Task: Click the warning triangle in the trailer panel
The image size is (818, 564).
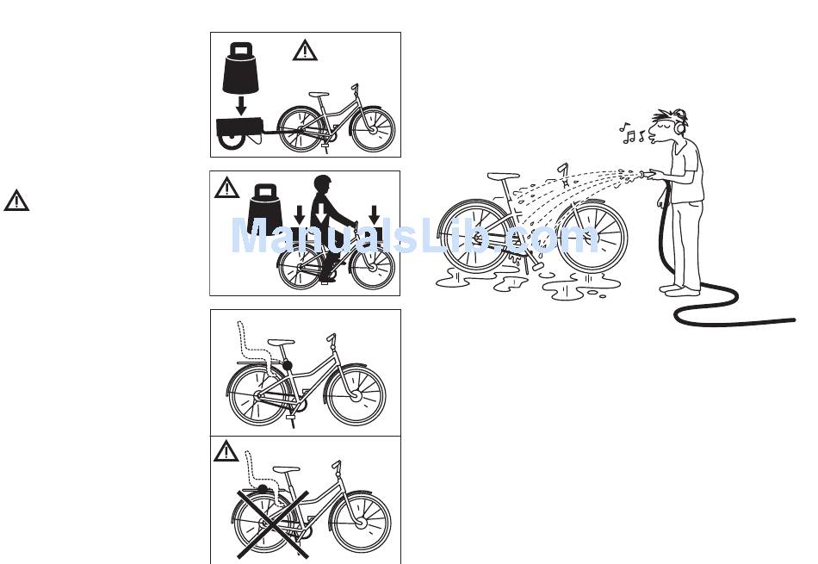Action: (x=305, y=51)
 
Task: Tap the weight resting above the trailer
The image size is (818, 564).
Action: (x=241, y=68)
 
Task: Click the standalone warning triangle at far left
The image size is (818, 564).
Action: (x=16, y=201)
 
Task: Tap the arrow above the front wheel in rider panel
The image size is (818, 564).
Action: (x=375, y=213)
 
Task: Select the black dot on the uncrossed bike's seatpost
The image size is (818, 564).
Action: (x=288, y=366)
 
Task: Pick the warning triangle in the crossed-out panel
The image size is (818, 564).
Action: (x=226, y=450)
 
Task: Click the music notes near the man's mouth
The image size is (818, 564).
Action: (x=635, y=133)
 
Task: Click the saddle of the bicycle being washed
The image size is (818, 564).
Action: (x=503, y=177)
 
